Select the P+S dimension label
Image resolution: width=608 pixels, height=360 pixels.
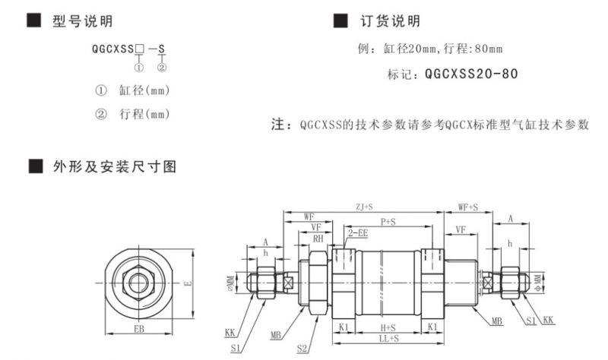pos(388,221)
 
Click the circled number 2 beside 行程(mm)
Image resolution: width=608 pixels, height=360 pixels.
pos(101,114)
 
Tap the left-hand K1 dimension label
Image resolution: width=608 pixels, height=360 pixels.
pos(344,327)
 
